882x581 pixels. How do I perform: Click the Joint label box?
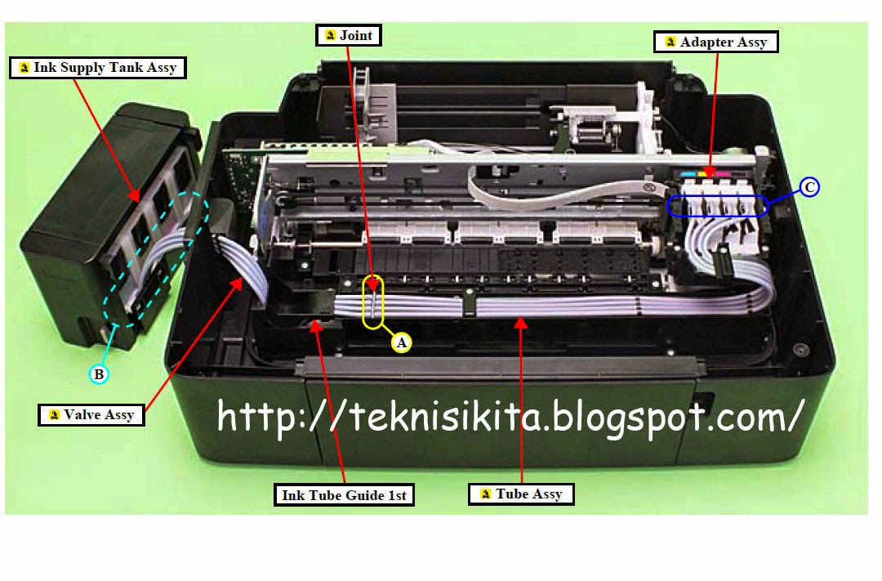pyautogui.click(x=349, y=35)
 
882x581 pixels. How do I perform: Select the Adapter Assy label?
pyautogui.click(x=715, y=42)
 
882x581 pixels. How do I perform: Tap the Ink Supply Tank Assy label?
pyautogui.click(x=98, y=68)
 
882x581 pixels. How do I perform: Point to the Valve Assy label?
pyautogui.click(x=91, y=415)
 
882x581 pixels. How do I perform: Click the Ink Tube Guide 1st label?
pyautogui.click(x=344, y=495)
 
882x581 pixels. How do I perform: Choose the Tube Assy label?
pyautogui.click(x=521, y=494)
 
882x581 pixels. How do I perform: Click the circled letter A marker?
pyautogui.click(x=401, y=342)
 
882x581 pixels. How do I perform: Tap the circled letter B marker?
pyautogui.click(x=99, y=374)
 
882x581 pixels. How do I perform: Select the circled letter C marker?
pyautogui.click(x=808, y=187)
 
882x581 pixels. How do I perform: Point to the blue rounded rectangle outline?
pyautogui.click(x=717, y=196)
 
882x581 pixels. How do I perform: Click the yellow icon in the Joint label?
pyautogui.click(x=331, y=35)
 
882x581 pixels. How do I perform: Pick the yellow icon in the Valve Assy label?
pyautogui.click(x=54, y=415)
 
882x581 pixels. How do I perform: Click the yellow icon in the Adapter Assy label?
pyautogui.click(x=670, y=42)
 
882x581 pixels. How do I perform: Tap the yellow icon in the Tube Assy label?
pyautogui.click(x=485, y=494)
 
